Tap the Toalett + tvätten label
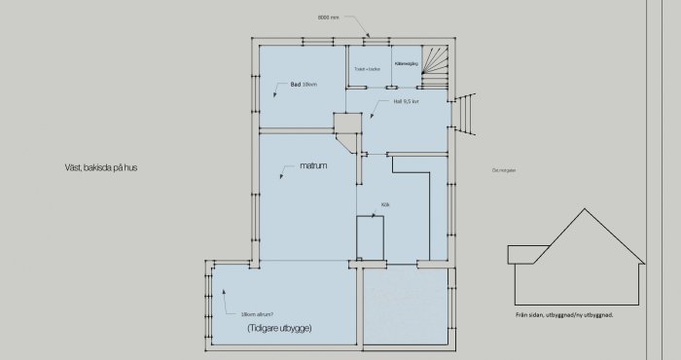(367, 69)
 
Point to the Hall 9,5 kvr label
(406, 100)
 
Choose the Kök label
(385, 204)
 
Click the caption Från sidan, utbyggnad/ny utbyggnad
(563, 315)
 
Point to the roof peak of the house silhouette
(581, 210)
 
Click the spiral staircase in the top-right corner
(438, 65)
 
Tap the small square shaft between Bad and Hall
(346, 125)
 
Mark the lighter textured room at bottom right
(404, 306)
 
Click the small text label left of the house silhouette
(502, 170)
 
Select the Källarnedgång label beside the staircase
(405, 63)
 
